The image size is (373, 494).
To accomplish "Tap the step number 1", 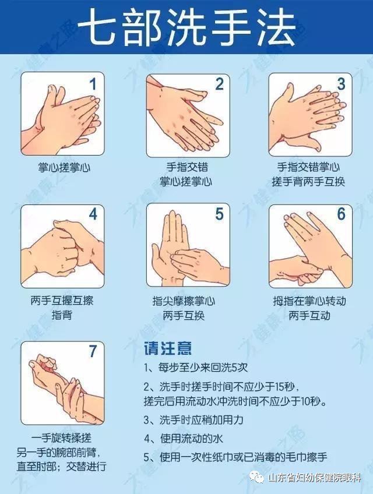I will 92,84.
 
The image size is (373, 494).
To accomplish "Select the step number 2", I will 219,84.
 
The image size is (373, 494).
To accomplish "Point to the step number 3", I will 342,84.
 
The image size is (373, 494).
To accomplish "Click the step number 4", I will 92,214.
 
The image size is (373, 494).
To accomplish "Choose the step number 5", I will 219,214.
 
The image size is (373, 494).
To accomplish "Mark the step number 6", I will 342,214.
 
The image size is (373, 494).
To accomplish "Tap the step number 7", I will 92,351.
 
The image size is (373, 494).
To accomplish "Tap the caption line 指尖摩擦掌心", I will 184,302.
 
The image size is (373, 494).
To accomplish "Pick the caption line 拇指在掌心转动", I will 308,302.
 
